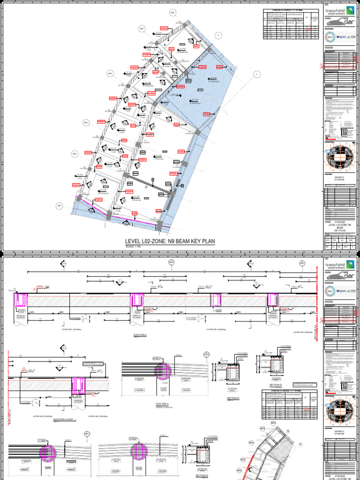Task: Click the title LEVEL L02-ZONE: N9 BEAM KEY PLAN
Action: point(170,241)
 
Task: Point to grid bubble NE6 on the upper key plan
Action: point(172,13)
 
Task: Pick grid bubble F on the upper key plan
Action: point(256,74)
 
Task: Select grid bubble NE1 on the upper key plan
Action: point(60,205)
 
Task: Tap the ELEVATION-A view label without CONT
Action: point(140,335)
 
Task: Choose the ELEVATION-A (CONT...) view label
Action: point(65,420)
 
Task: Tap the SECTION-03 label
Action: point(202,475)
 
